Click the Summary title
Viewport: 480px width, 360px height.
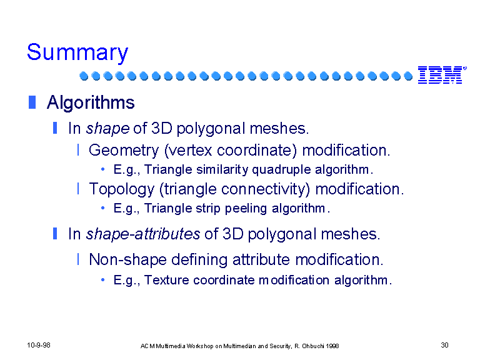(77, 52)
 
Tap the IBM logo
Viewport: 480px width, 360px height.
(442, 75)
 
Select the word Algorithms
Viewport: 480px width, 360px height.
(91, 102)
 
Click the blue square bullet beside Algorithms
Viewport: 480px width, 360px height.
(32, 102)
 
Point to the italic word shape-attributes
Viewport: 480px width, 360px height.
(143, 234)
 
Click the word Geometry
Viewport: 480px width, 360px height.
(124, 150)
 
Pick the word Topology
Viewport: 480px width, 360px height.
(121, 189)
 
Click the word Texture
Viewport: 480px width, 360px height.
(166, 280)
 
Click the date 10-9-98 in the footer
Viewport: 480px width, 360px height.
(39, 345)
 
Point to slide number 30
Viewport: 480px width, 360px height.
(444, 345)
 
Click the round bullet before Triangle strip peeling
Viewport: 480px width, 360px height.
(103, 208)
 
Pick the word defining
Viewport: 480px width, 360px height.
(199, 260)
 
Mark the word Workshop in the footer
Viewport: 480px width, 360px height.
(200, 346)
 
